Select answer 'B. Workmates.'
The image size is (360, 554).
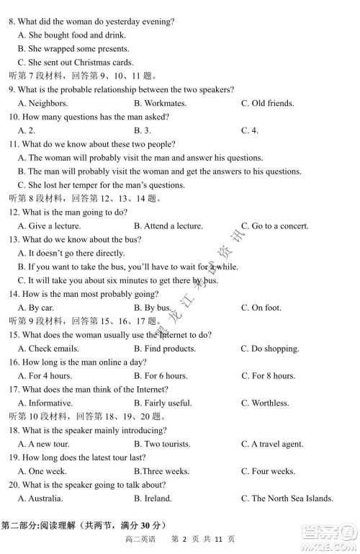[x=160, y=103]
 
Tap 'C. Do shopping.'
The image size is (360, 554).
[x=270, y=349]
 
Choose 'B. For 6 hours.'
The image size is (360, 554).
[x=161, y=375]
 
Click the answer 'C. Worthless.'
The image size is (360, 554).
[x=265, y=403]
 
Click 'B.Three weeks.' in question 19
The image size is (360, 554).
[x=161, y=471]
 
